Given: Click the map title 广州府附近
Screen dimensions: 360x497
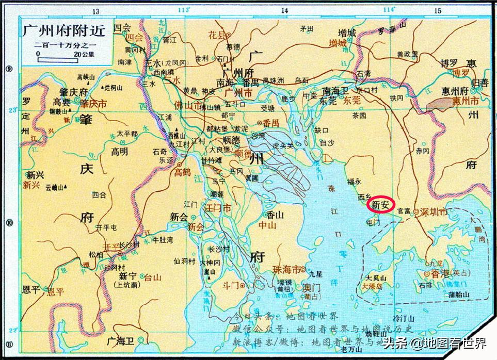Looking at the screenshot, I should point(64,31).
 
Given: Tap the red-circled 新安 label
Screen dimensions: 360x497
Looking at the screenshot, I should point(380,204).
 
